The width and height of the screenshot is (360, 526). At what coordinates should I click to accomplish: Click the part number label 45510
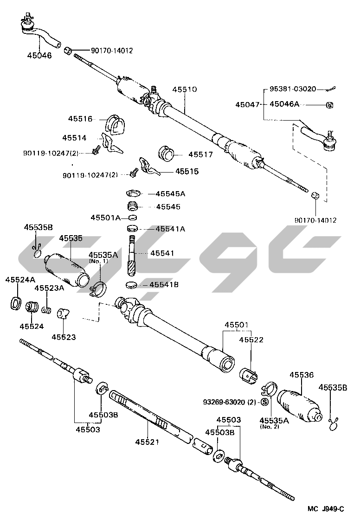(185, 90)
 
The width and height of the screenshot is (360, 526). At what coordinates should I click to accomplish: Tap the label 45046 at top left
(39, 55)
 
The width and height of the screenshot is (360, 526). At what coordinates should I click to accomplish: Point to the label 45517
(201, 154)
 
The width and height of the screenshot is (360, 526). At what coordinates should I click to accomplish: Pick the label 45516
(80, 119)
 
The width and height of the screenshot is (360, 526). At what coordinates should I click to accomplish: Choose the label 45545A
(170, 193)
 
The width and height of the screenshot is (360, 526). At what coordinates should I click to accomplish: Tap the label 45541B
(163, 285)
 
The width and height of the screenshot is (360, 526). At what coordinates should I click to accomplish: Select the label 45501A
(106, 218)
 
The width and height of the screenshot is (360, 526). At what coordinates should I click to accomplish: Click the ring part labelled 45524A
(15, 304)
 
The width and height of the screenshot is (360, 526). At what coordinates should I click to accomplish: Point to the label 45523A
(48, 288)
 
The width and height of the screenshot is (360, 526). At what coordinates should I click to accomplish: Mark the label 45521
(147, 442)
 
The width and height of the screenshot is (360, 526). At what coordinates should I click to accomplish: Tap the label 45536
(302, 375)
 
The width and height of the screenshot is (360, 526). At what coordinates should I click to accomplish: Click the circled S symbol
(265, 402)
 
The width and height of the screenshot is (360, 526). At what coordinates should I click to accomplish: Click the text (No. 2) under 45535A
(270, 427)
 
